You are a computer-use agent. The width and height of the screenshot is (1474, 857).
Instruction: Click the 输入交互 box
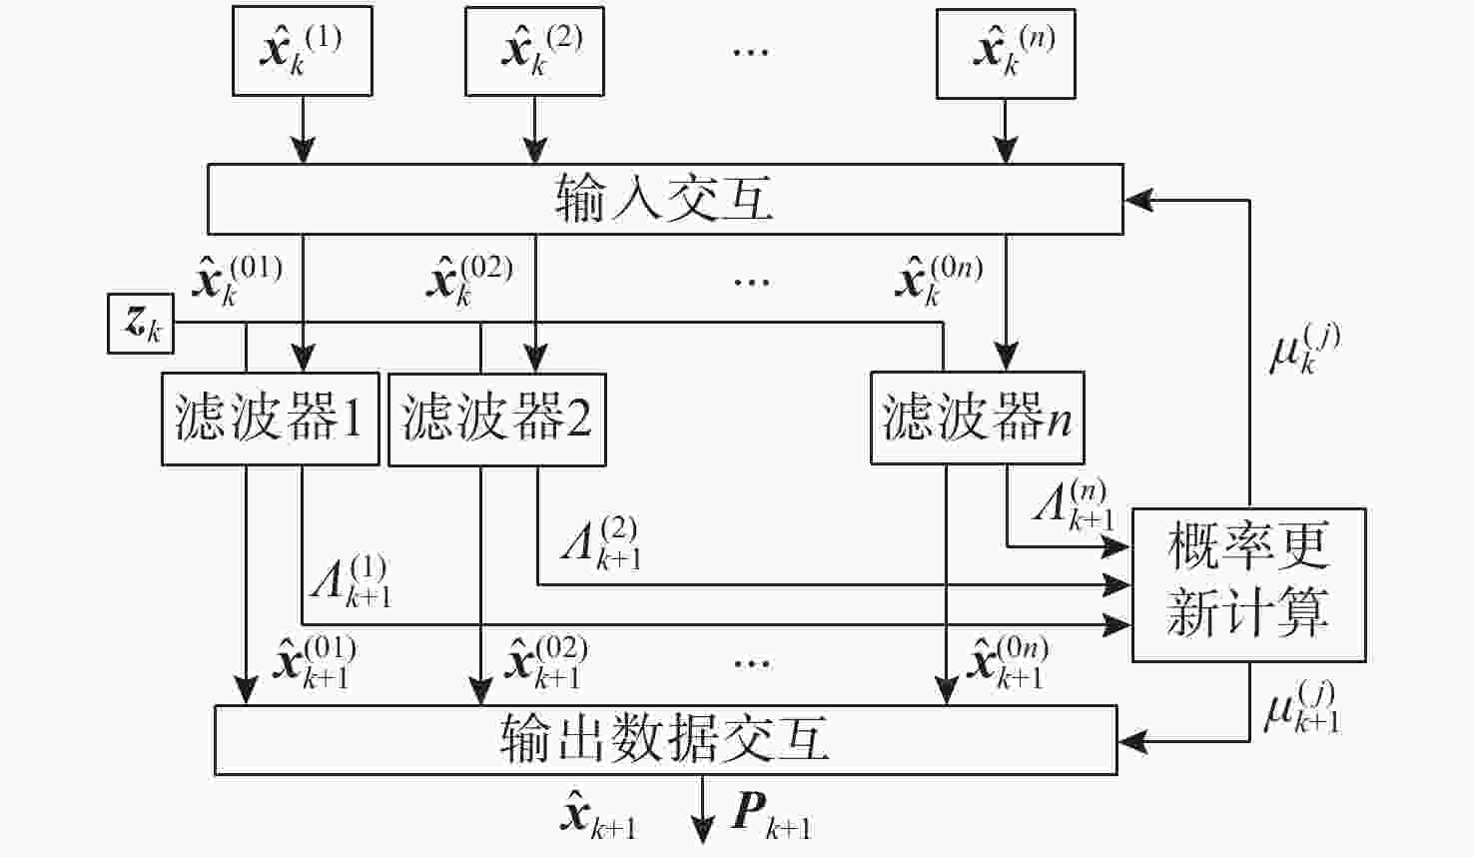[665, 200]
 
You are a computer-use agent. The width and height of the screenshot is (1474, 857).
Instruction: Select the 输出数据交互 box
[665, 740]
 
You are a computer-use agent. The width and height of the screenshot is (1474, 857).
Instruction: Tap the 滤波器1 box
[271, 419]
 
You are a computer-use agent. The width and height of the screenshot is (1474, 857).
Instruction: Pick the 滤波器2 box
[496, 419]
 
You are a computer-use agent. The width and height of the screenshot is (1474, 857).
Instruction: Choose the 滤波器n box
[977, 419]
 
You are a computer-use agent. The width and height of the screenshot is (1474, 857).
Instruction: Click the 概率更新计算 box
[1248, 584]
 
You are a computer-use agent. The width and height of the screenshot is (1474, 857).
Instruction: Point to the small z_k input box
[141, 324]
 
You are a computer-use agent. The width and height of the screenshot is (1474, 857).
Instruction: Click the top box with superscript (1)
[303, 51]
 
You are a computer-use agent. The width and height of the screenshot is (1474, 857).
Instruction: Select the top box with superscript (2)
[534, 51]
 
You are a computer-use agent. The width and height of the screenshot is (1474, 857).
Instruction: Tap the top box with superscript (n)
[1006, 53]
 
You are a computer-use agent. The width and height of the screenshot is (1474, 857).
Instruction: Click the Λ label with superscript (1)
[351, 581]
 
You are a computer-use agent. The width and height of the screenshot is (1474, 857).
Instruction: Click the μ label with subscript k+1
[1301, 708]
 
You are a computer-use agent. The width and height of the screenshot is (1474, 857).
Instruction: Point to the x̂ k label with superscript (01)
[237, 280]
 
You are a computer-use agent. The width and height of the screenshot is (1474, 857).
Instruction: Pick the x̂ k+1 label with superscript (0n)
[1008, 662]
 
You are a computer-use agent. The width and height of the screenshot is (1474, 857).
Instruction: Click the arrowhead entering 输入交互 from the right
[1136, 200]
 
